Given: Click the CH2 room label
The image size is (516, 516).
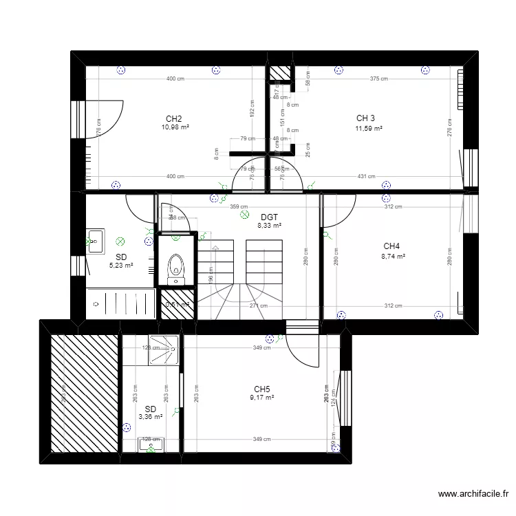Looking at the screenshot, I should point(174,118).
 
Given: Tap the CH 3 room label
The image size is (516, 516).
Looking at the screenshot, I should point(366,118).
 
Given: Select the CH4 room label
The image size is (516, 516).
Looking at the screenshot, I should point(392,246).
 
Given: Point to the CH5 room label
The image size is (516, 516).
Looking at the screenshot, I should point(261,389).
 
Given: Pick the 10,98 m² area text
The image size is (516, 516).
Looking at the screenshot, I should point(175,128).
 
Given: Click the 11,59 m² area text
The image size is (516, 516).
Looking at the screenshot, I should point(369,128).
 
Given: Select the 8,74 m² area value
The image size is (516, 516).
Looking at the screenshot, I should point(394,257).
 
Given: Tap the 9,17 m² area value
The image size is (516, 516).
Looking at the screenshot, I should point(262,398).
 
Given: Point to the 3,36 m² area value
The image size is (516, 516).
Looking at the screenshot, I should point(150,416).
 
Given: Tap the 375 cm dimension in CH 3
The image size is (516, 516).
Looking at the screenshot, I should point(378,78).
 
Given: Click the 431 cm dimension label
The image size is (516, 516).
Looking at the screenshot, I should point(367,177).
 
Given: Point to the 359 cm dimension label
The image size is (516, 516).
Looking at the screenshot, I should point(239,206).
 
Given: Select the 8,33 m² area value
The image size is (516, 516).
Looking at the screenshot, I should point(269,225).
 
